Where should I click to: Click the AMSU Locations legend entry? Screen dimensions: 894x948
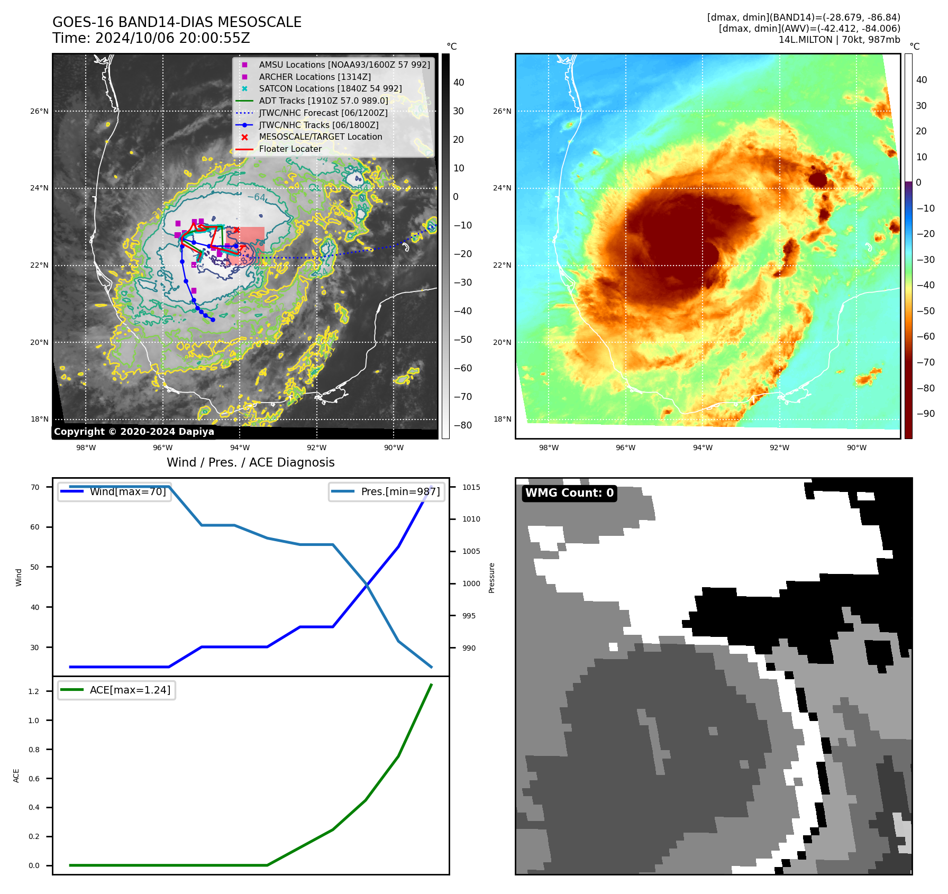344,65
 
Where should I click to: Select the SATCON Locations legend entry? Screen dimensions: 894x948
330,88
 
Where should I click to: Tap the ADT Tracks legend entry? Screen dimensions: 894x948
323,101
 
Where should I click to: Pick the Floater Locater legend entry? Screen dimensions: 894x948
290,149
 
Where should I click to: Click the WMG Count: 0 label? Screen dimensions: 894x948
569,493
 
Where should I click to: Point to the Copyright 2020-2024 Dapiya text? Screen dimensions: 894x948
134,432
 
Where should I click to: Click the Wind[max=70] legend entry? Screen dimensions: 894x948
127,491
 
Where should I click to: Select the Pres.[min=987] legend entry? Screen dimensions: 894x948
400,491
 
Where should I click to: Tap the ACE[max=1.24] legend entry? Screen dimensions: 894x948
130,690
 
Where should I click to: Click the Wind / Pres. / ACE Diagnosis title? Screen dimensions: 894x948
250,462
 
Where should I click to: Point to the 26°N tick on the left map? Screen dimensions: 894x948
39,111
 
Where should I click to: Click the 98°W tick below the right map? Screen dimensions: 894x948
549,448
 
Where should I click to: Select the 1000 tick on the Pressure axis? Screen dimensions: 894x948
471,583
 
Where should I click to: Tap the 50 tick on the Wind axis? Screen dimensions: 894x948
35,567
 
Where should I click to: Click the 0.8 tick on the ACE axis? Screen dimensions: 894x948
34,750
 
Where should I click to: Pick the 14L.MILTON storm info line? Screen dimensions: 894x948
839,40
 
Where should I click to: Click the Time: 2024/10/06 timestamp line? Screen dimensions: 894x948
151,39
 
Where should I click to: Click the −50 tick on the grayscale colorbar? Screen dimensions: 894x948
462,340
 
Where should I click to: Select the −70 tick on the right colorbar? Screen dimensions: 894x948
925,362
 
